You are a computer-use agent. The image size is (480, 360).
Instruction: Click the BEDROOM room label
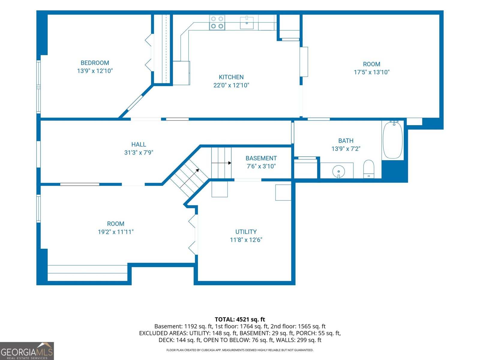pyautogui.click(x=95, y=63)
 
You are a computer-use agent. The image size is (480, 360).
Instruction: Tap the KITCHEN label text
pyautogui.click(x=231, y=77)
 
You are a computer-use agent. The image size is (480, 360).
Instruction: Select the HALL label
pyautogui.click(x=139, y=145)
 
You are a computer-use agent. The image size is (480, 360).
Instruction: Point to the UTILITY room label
pyautogui.click(x=246, y=232)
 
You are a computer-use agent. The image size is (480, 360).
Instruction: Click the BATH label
pyautogui.click(x=346, y=141)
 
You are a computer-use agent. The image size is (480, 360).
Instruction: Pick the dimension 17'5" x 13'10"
pyautogui.click(x=372, y=72)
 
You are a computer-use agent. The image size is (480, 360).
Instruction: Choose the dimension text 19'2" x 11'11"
pyautogui.click(x=116, y=232)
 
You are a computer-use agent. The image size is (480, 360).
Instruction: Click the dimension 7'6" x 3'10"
pyautogui.click(x=261, y=166)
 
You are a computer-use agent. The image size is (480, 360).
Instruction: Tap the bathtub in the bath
pyautogui.click(x=393, y=140)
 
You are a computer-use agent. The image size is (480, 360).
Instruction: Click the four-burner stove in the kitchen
pyautogui.click(x=217, y=22)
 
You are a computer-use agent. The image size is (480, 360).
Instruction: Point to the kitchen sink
pyautogui.click(x=247, y=23)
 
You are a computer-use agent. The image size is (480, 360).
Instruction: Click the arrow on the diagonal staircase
pyautogui.click(x=189, y=178)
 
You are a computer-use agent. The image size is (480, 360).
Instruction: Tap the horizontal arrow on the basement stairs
pyautogui.click(x=221, y=163)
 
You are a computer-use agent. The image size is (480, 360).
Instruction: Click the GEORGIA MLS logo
pyautogui.click(x=27, y=351)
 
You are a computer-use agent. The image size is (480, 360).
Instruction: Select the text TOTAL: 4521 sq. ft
pyautogui.click(x=240, y=319)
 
